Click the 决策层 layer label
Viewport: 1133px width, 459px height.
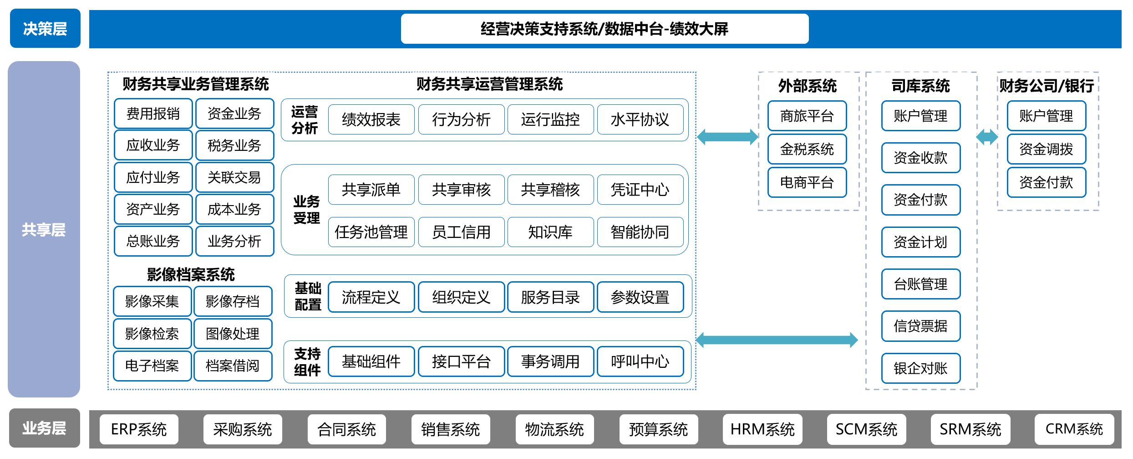click(x=45, y=28)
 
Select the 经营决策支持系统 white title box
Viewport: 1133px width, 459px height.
click(x=605, y=29)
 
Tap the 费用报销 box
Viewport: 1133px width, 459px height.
click(x=153, y=113)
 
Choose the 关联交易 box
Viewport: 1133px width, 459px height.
click(x=234, y=177)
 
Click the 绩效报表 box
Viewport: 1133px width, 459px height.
click(x=371, y=119)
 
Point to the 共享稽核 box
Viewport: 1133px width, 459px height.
click(x=550, y=190)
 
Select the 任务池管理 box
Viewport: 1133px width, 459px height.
click(x=371, y=232)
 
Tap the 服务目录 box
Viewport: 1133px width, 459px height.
click(x=550, y=297)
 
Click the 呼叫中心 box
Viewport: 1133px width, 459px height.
click(x=640, y=361)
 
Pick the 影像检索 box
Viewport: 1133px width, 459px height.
click(x=152, y=334)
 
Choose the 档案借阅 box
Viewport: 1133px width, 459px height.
click(x=233, y=366)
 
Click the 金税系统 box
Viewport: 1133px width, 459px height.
click(x=807, y=149)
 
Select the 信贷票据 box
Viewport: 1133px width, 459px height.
click(x=921, y=326)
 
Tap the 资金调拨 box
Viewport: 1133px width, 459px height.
click(x=1047, y=149)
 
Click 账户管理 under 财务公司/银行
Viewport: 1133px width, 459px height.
click(x=1047, y=116)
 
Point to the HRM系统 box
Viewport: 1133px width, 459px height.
click(x=762, y=429)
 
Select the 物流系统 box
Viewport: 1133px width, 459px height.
click(x=554, y=429)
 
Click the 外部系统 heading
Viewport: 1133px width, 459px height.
click(x=807, y=86)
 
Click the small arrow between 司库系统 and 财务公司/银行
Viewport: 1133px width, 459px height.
click(x=987, y=137)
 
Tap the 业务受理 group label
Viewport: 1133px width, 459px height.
click(x=307, y=210)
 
